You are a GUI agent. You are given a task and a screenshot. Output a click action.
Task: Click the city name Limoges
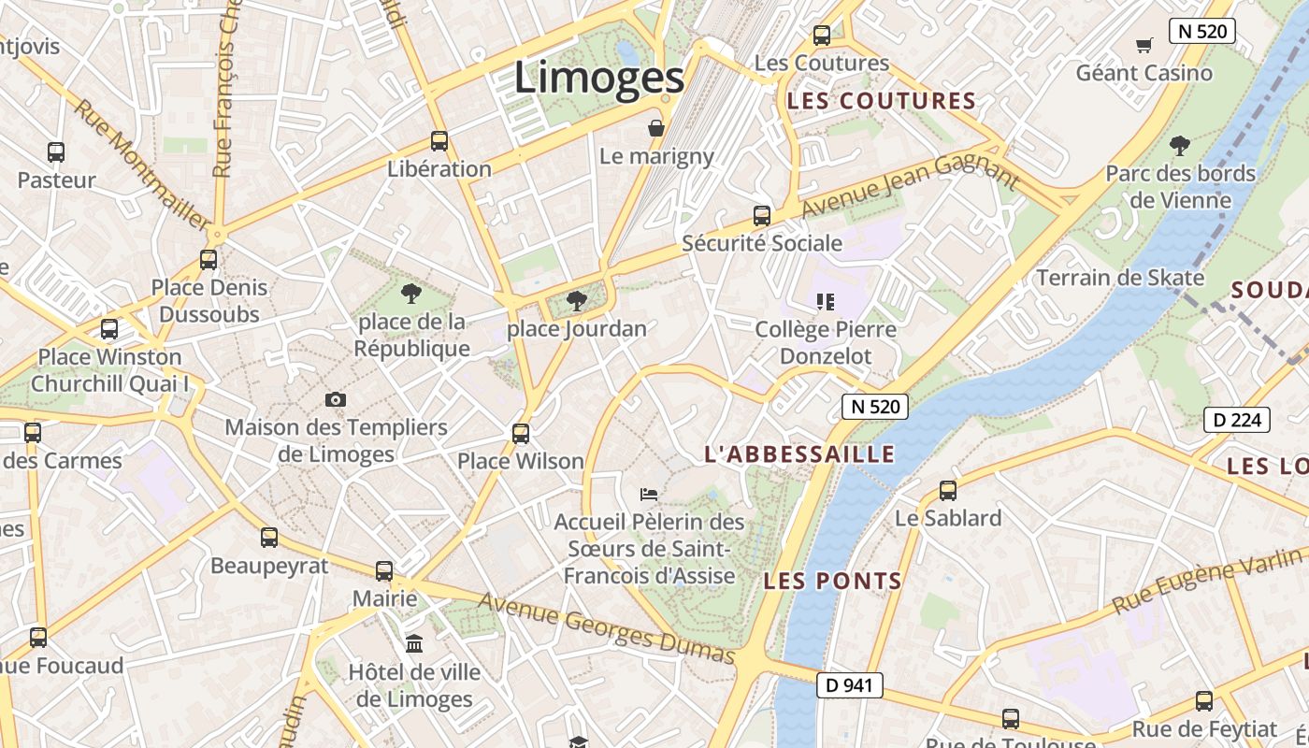(x=599, y=78)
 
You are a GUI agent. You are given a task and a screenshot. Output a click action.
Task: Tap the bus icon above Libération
(x=439, y=141)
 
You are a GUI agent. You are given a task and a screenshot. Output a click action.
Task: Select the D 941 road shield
(x=849, y=685)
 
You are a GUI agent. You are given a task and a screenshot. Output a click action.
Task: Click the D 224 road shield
(x=1237, y=420)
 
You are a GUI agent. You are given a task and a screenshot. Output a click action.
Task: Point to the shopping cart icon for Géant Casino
(x=1144, y=45)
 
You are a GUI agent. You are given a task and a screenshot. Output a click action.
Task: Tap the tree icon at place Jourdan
(x=577, y=300)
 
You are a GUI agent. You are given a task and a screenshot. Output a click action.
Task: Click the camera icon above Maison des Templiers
(x=336, y=399)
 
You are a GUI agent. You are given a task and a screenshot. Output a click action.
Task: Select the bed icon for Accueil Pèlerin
(x=649, y=493)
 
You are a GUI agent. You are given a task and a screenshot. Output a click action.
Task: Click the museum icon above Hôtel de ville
(x=414, y=643)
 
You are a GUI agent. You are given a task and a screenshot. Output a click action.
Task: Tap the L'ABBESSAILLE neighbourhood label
(x=799, y=454)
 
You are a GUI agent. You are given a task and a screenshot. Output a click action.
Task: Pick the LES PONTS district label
(x=832, y=581)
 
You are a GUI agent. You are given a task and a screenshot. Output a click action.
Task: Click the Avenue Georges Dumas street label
(x=606, y=627)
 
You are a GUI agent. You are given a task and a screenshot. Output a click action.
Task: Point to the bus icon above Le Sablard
(x=948, y=490)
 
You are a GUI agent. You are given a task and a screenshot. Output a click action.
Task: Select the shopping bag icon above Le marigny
(x=656, y=127)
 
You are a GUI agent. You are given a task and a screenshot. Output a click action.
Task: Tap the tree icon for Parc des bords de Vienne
(x=1179, y=145)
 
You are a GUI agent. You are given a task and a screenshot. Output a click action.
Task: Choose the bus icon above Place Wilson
(x=521, y=433)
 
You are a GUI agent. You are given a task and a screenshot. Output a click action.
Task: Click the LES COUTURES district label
(x=881, y=101)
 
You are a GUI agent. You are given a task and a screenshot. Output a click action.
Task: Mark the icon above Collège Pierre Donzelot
(x=825, y=301)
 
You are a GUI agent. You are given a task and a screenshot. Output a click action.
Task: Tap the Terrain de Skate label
(x=1120, y=278)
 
